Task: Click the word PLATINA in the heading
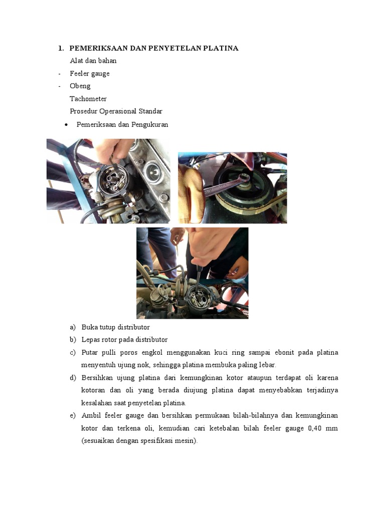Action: pos(221,48)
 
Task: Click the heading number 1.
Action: pos(61,48)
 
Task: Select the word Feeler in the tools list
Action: pos(79,73)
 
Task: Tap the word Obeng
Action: pos(80,86)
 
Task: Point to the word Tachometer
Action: pos(88,99)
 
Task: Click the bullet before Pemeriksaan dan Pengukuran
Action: pos(67,125)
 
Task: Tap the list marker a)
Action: pos(73,327)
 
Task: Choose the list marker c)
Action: pos(73,353)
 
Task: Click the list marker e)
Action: pos(73,415)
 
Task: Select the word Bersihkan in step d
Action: pos(97,378)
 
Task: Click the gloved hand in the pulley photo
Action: pos(191,193)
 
